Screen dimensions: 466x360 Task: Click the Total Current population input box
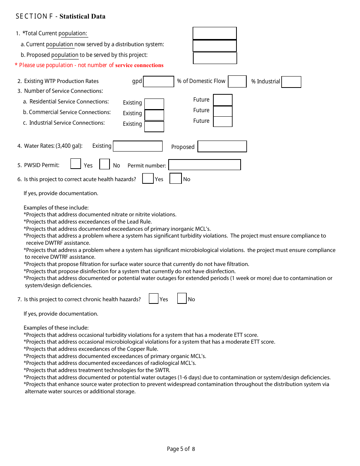(x=214, y=33)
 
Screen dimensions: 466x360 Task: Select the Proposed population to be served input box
(x=215, y=58)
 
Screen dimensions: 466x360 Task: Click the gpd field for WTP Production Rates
(x=158, y=81)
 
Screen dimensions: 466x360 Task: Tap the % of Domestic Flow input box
(x=237, y=81)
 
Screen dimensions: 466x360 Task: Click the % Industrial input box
(x=291, y=82)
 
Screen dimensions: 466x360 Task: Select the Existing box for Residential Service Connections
(x=154, y=104)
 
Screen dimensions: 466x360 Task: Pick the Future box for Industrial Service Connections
(x=222, y=122)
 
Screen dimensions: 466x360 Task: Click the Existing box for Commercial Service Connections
(x=154, y=115)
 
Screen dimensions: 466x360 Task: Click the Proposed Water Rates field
(x=222, y=146)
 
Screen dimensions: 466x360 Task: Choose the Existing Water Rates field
(x=138, y=146)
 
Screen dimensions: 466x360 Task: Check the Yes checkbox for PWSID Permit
(x=76, y=164)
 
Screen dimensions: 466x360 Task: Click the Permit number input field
(x=204, y=165)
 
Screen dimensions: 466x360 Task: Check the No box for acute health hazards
(x=175, y=178)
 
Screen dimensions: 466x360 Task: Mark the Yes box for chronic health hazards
(x=153, y=299)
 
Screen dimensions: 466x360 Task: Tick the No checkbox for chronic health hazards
(x=182, y=299)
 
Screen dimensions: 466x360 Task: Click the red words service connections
(x=139, y=65)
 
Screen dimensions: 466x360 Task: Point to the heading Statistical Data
(x=82, y=16)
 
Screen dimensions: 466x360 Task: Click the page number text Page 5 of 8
(x=181, y=449)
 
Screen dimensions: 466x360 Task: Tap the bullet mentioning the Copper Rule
(x=91, y=349)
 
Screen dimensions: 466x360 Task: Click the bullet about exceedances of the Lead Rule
(x=88, y=222)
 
